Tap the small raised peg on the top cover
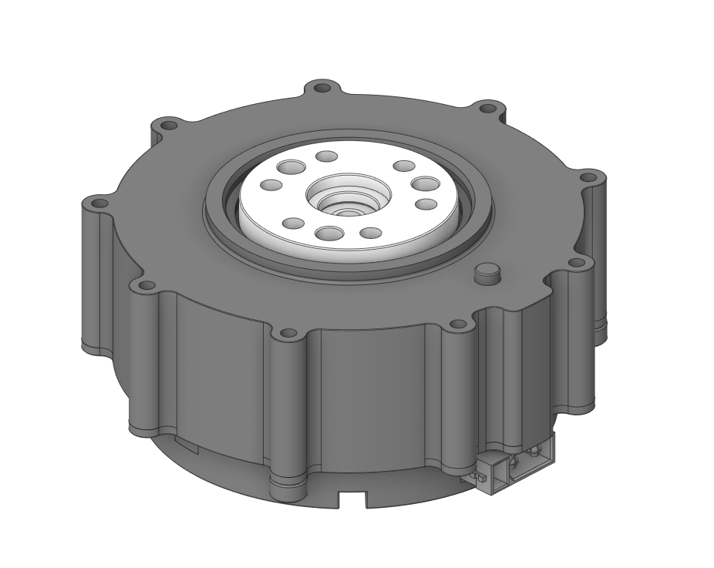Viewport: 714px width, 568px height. pyautogui.click(x=487, y=271)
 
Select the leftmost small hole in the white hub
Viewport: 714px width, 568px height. pyautogui.click(x=271, y=186)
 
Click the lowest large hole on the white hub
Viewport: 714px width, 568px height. pyautogui.click(x=328, y=233)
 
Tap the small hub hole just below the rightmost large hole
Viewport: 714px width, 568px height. pyautogui.click(x=425, y=204)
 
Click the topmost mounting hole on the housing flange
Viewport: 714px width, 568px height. pyautogui.click(x=322, y=87)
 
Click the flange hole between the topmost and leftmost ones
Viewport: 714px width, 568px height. pyautogui.click(x=167, y=125)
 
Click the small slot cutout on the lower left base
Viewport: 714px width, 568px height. pyautogui.click(x=187, y=445)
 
